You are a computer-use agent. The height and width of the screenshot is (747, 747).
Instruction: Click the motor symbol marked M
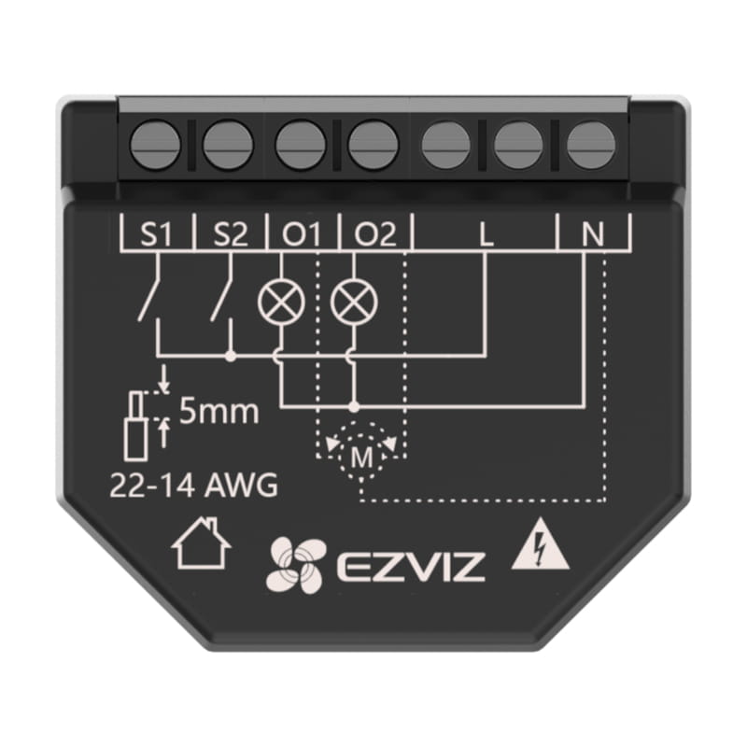coord(359,456)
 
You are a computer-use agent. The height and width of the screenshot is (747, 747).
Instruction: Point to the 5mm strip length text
coord(218,412)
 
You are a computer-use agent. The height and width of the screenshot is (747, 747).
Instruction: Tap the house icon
coord(202,546)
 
